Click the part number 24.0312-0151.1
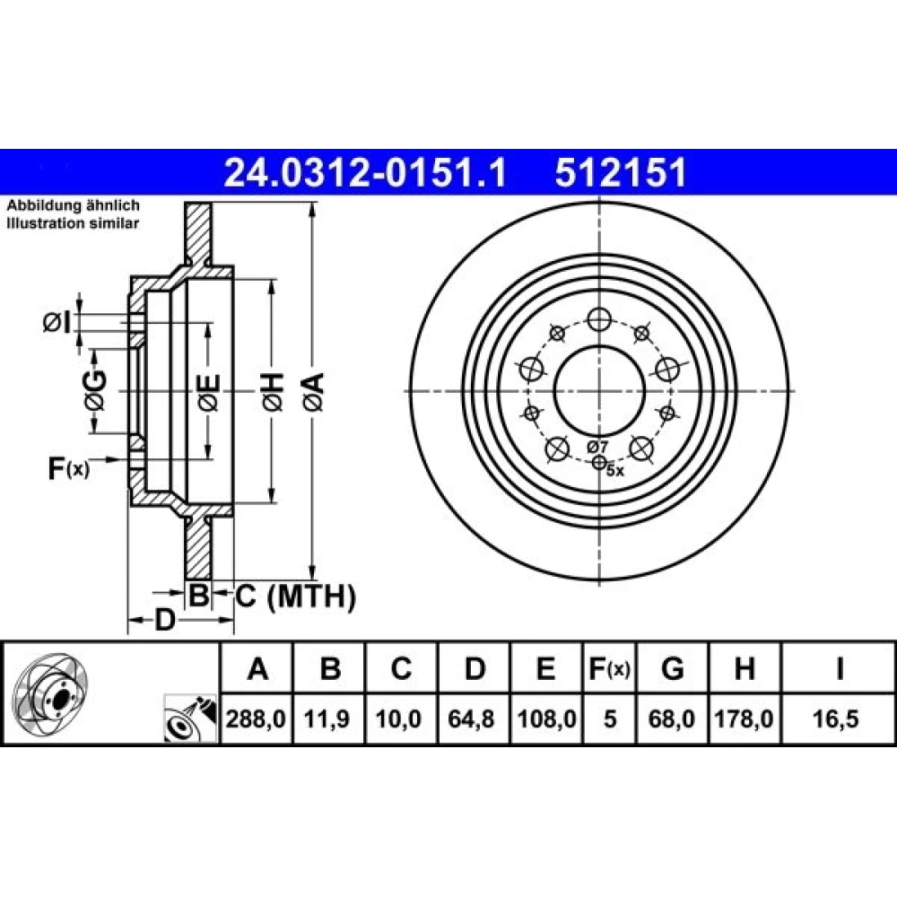(x=365, y=172)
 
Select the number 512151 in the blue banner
(x=621, y=172)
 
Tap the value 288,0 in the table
(x=256, y=718)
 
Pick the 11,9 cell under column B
(x=327, y=718)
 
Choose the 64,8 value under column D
(x=471, y=718)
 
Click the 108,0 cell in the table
(x=546, y=718)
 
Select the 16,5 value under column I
(x=836, y=718)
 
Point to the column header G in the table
(x=672, y=668)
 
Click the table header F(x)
(x=609, y=668)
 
